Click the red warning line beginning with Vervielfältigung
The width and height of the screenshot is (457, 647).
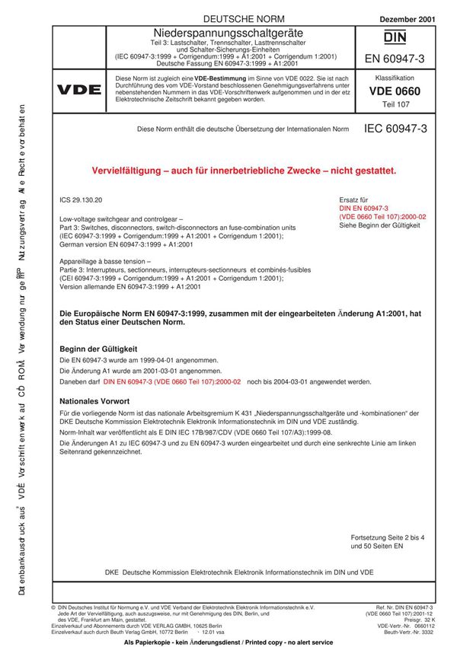tap(244, 171)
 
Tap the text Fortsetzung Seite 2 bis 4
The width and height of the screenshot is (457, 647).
tap(385, 537)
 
